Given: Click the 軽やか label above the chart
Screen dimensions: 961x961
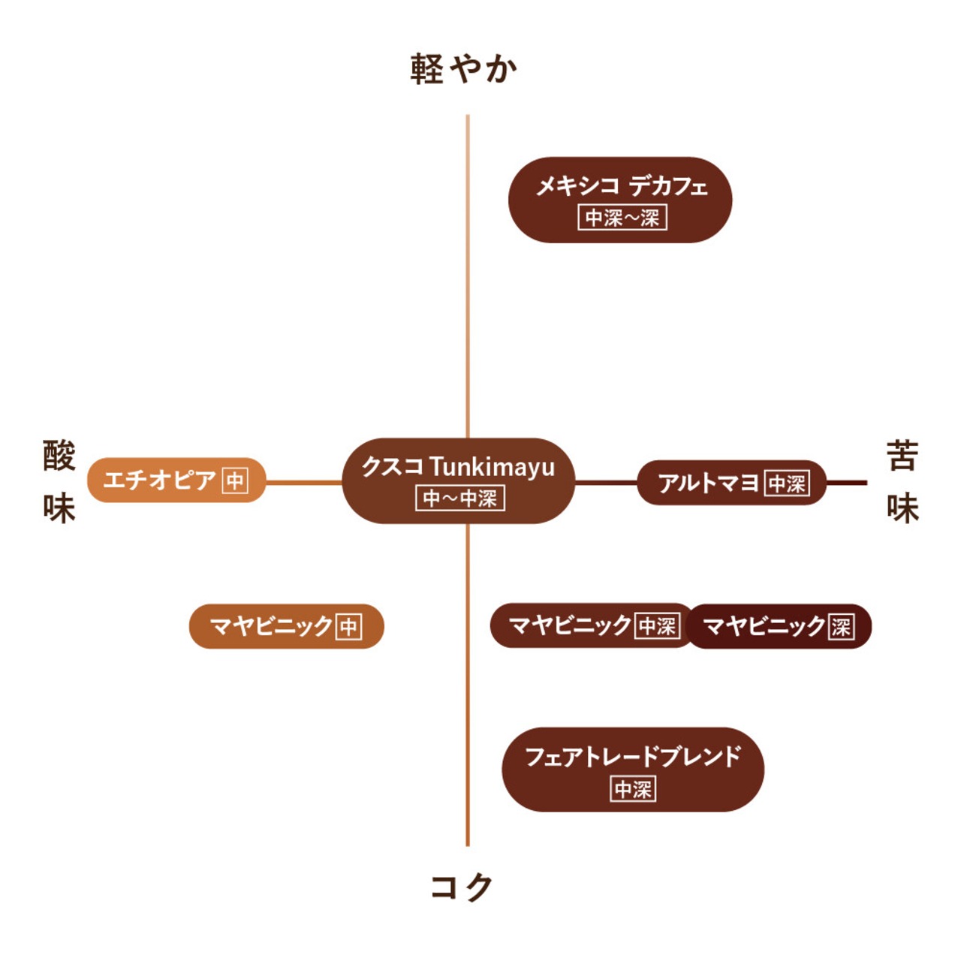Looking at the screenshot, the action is coord(463,68).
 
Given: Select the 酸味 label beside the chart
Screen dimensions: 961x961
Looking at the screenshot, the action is coord(59,482).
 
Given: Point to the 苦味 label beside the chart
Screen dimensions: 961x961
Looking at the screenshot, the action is coord(902,482).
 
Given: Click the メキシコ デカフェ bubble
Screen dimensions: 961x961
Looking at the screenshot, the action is coord(620,200).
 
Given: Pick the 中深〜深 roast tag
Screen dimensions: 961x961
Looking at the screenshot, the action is coord(622,218).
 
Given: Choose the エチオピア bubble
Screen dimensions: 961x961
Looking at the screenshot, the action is coord(176,480).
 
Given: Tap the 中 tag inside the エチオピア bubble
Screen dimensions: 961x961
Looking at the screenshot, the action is coord(235,480).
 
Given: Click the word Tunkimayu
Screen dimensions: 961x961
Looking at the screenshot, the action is coord(493,467).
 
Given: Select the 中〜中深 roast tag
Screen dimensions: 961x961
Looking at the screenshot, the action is coord(459,499).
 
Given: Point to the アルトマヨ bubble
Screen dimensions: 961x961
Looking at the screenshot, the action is coord(731,482).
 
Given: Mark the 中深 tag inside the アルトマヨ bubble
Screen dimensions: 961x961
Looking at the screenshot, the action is coord(787,483).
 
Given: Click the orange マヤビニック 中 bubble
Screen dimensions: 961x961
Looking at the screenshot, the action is coord(286,626).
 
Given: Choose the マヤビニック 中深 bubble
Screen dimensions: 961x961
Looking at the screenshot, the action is coord(592,625).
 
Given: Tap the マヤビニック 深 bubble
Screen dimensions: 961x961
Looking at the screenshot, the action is coord(779,626).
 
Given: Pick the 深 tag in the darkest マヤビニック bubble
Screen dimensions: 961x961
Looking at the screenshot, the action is coord(841,626).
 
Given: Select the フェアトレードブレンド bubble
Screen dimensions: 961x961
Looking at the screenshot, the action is coord(633,770).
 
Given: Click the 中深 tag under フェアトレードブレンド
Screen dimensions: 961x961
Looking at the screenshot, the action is coord(634,788).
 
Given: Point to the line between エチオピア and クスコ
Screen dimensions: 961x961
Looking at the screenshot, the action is coord(304,482).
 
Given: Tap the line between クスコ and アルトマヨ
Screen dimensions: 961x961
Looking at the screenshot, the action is coord(606,482).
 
